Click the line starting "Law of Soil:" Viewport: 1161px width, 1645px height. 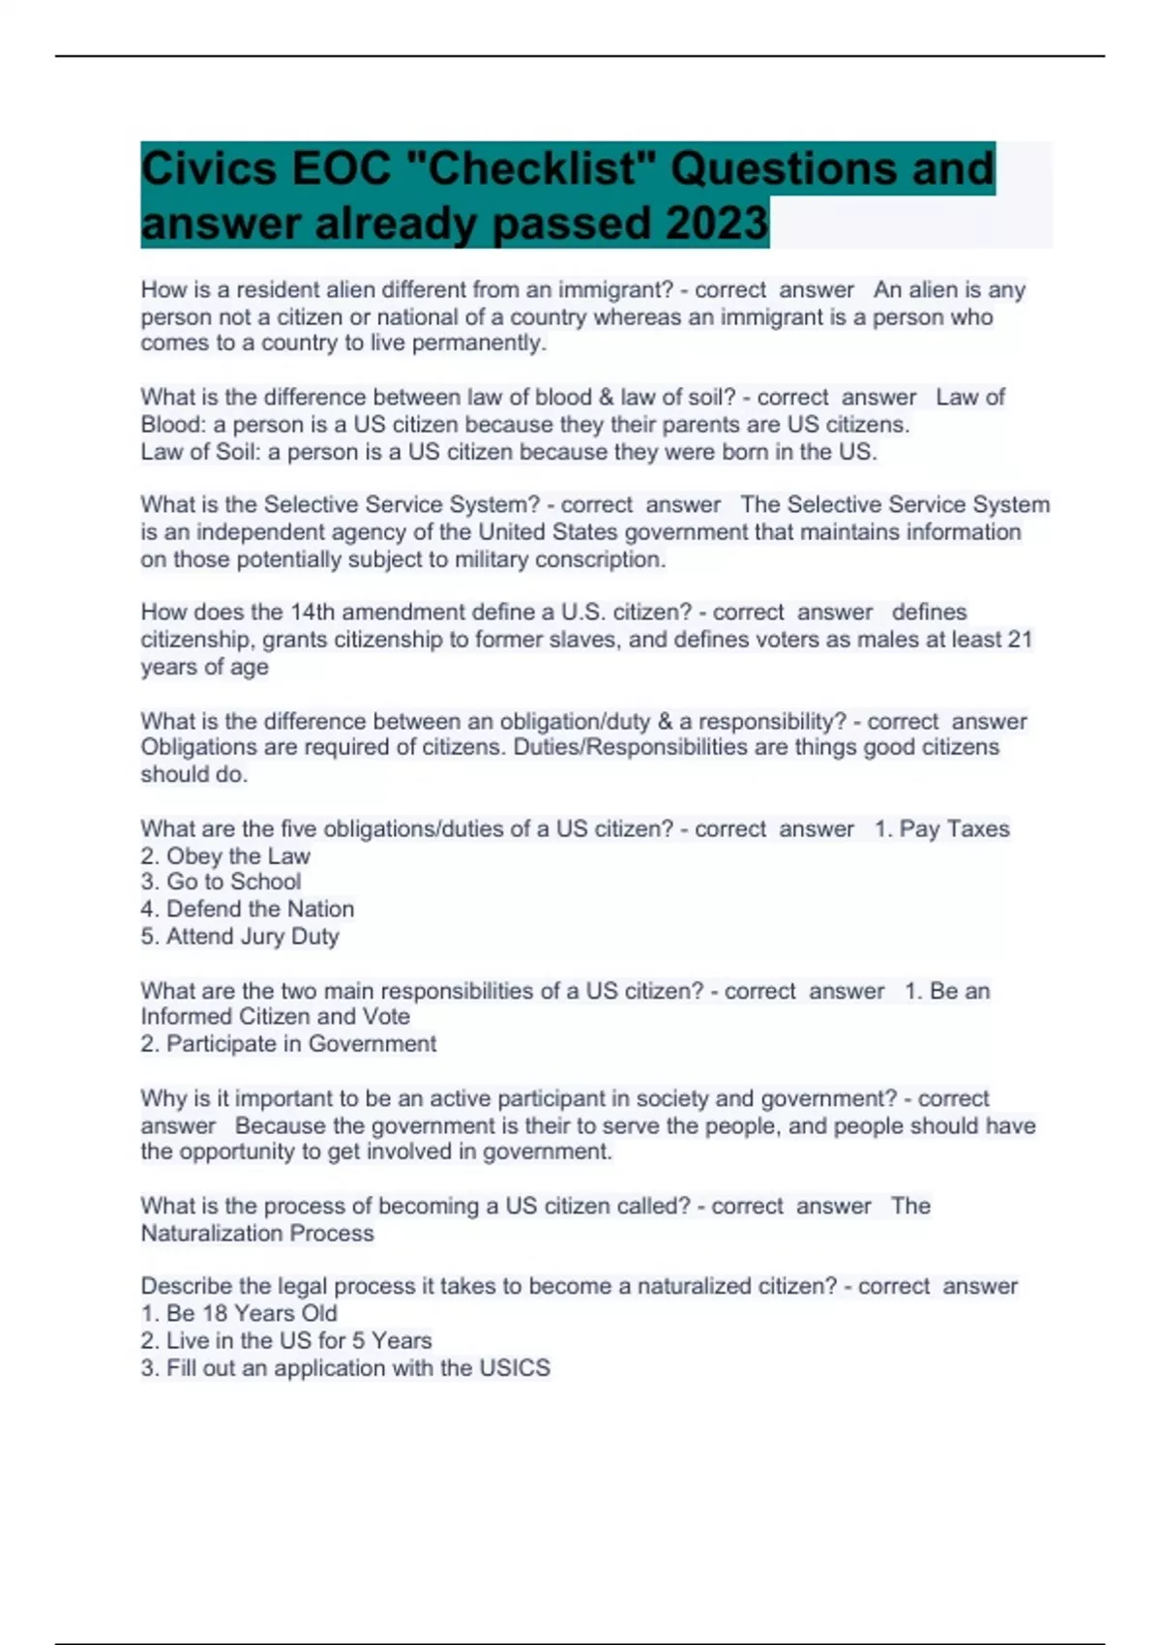pyautogui.click(x=509, y=452)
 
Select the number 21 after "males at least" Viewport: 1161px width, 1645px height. pyautogui.click(x=1019, y=640)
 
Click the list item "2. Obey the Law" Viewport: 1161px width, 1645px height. pyautogui.click(x=225, y=856)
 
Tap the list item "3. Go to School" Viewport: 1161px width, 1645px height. pyautogui.click(x=221, y=882)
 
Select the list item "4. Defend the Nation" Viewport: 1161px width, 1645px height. pyautogui.click(x=248, y=910)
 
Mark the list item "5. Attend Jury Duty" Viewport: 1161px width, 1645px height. pyautogui.click(x=240, y=937)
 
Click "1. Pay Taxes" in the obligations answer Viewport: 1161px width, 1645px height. pyautogui.click(x=941, y=829)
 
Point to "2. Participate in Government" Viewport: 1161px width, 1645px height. pyautogui.click(x=288, y=1044)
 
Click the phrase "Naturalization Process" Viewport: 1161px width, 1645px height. pyautogui.click(x=257, y=1234)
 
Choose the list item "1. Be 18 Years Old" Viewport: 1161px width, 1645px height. pyautogui.click(x=239, y=1314)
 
